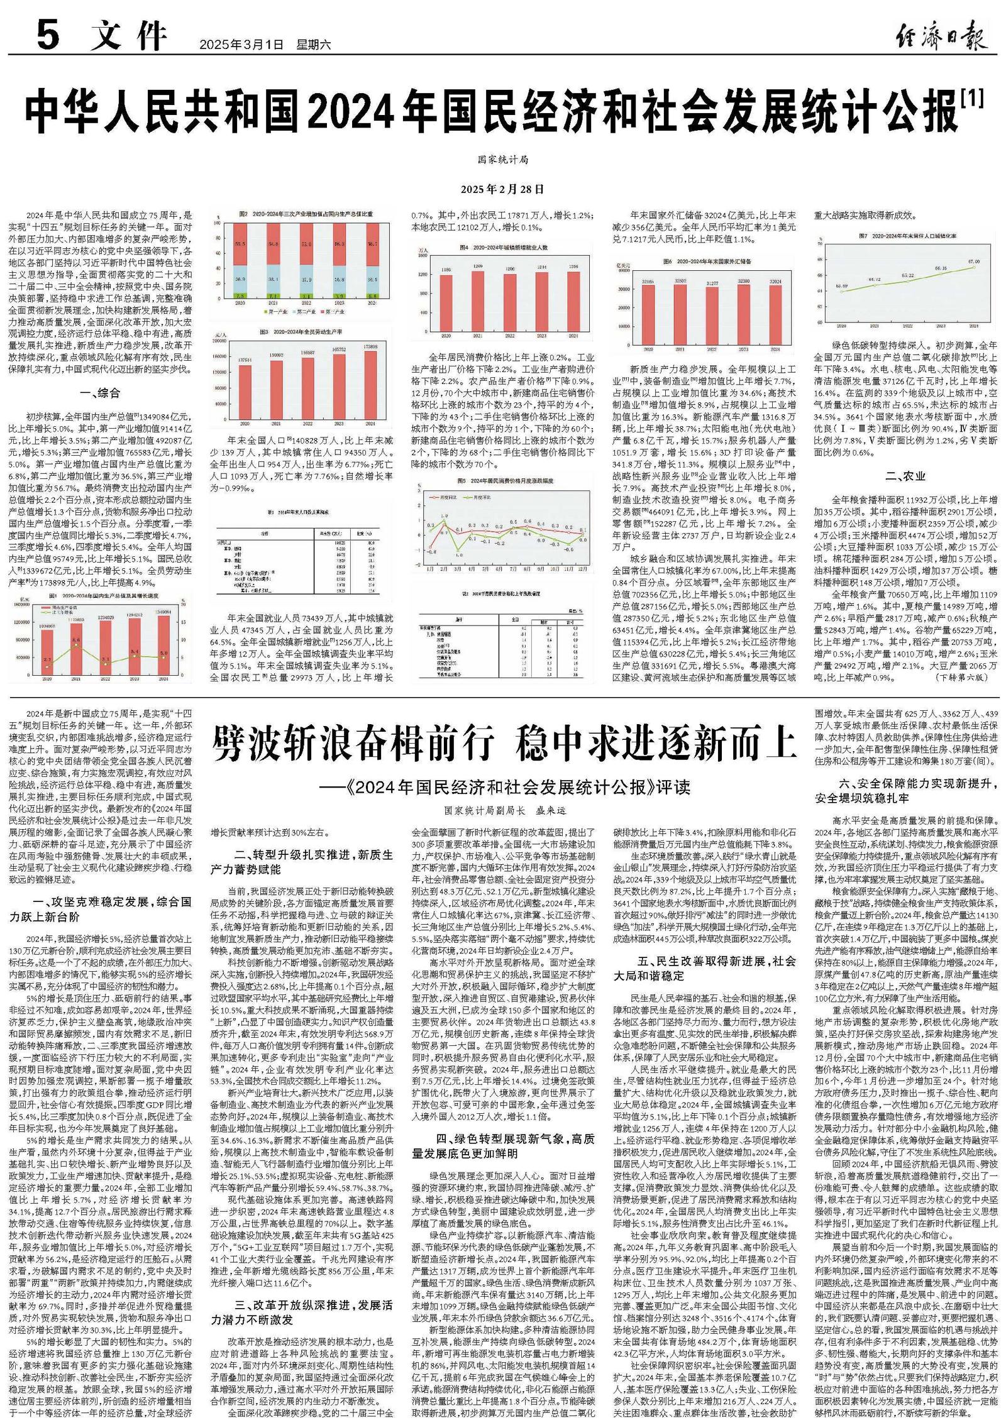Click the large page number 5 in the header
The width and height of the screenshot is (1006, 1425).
(x=48, y=36)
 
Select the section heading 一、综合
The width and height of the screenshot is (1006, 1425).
(x=100, y=393)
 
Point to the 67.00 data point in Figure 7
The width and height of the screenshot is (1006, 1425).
(x=974, y=267)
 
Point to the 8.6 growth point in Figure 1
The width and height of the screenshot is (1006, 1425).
(x=76, y=640)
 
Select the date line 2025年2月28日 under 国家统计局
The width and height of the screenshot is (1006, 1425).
(x=502, y=189)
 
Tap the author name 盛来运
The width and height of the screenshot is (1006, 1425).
(x=551, y=811)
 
